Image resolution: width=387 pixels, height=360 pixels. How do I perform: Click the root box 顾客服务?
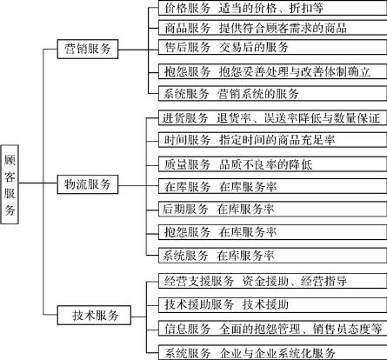click(10, 184)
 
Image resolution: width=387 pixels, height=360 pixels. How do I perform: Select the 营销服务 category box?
click(88, 49)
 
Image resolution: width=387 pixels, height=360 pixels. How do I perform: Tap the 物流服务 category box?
click(88, 184)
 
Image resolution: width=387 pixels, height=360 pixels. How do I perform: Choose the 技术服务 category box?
click(94, 315)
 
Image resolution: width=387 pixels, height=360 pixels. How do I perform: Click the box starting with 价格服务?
click(272, 8)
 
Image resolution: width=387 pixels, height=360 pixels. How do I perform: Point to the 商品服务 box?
click(272, 28)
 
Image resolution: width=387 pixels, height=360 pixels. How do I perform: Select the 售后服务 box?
click(272, 47)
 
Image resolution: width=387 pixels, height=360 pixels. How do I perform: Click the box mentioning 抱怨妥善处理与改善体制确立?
click(272, 71)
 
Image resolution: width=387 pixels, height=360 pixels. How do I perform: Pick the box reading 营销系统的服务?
click(272, 93)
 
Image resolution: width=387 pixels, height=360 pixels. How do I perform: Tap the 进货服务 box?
click(272, 117)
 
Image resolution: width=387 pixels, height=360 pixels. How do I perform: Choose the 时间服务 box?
click(272, 140)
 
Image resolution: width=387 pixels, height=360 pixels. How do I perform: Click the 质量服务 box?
click(272, 164)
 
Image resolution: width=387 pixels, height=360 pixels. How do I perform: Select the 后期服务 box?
click(272, 209)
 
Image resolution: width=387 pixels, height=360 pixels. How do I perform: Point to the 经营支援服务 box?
click(272, 281)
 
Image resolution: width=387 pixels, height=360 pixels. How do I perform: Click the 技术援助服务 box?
click(272, 304)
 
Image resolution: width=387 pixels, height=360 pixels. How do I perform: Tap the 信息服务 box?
click(272, 329)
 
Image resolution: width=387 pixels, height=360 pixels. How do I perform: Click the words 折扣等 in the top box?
click(306, 8)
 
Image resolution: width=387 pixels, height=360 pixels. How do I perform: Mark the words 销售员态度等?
click(347, 329)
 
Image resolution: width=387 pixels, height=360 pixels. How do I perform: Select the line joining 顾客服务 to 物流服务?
click(37, 183)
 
